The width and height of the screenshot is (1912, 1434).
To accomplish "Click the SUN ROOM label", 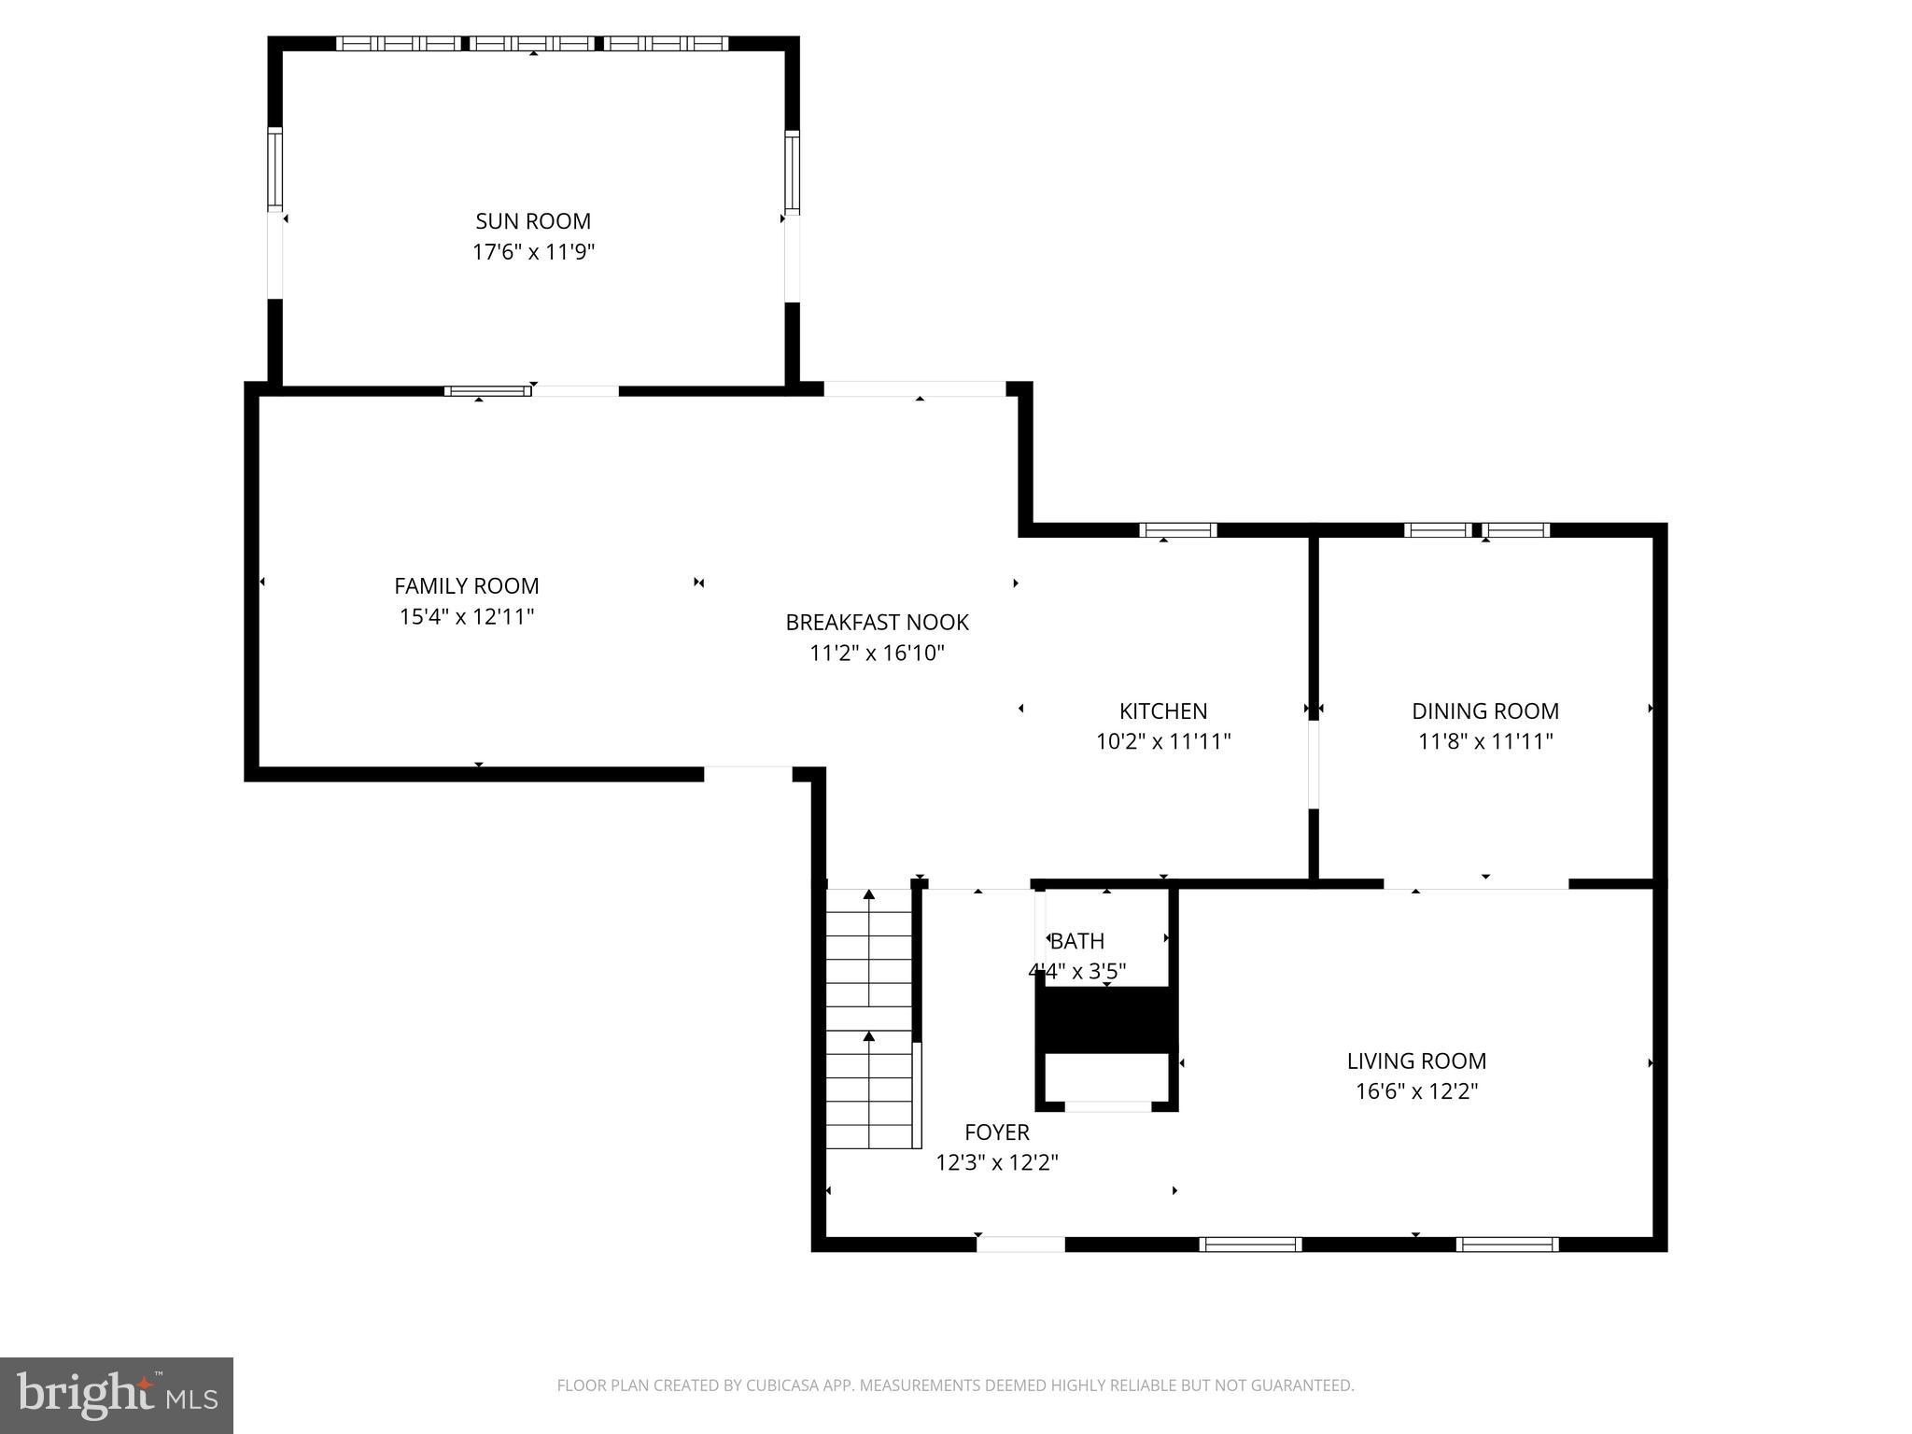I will coord(533,221).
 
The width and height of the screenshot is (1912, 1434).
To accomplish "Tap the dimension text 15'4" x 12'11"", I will coord(467,617).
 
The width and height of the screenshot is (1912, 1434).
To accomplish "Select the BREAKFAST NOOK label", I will coord(877,622).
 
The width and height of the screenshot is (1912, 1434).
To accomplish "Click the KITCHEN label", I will coord(1163,710).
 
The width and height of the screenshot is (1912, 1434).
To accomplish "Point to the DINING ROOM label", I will coord(1484,710).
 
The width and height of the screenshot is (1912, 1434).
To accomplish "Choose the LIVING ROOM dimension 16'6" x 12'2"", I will coord(1416,1091).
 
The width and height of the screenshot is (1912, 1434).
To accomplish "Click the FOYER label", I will coord(996,1132).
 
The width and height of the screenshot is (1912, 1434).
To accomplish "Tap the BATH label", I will coord(1077,941).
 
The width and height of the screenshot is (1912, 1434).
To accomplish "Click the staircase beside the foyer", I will coord(869,1018).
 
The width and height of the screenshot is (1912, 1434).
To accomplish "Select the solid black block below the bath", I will coord(1106,1019).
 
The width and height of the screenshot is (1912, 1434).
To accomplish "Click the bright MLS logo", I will coord(117,1395).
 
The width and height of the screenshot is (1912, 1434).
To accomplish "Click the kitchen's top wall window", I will coord(1178,530).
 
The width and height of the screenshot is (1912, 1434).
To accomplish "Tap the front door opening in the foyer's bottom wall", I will coord(1019,1244).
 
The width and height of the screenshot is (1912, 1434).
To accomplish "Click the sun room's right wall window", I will coord(792,173).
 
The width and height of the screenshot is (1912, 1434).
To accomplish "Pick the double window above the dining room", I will coord(1477,530).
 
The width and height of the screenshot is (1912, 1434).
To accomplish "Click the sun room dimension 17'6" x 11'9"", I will coord(533,252).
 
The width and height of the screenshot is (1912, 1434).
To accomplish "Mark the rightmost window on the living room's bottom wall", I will coord(1507,1244).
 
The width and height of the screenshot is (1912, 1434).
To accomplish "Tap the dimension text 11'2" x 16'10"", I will coord(877,654).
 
